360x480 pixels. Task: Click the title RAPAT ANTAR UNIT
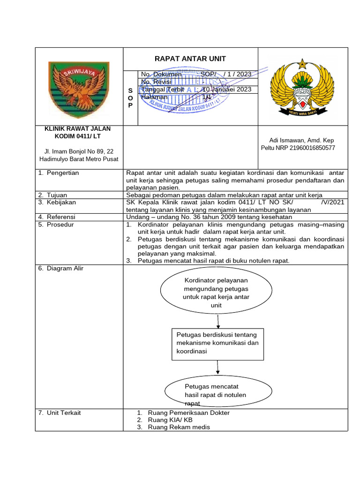[190, 59]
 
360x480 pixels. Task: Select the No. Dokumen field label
[161, 74]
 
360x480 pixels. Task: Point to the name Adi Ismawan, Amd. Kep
[301, 140]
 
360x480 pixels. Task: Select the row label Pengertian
[62, 173]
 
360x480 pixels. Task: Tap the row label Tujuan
[59, 195]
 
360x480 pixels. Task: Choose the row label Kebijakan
[62, 202]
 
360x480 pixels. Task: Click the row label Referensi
[62, 217]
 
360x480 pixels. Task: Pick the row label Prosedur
[60, 225]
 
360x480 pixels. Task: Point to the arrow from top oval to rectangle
[218, 322]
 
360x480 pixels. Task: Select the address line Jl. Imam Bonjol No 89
[79, 151]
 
